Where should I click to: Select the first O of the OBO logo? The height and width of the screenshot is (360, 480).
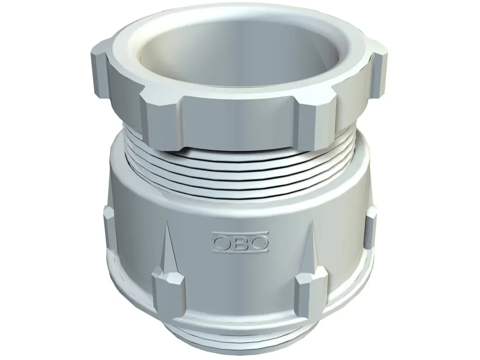222,243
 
